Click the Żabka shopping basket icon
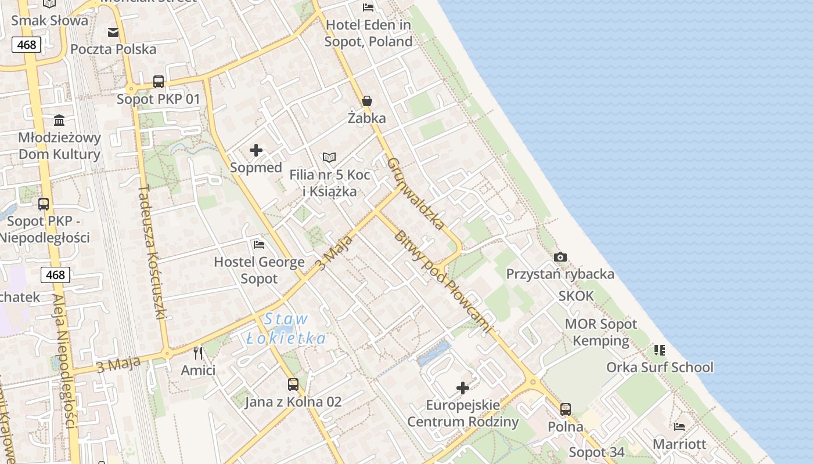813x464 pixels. (367, 101)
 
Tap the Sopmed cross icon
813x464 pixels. (256, 151)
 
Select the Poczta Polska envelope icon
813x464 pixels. (113, 32)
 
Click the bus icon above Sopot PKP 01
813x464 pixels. (159, 82)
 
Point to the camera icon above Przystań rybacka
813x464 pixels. (560, 257)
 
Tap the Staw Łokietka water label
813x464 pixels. (286, 328)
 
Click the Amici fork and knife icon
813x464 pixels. (198, 353)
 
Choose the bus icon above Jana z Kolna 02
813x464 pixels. (293, 384)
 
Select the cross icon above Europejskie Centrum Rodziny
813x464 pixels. (463, 387)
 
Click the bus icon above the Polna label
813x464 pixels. (566, 409)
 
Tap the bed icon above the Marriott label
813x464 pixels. (679, 427)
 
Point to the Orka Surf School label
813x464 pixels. (660, 367)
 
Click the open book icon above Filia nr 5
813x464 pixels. (329, 157)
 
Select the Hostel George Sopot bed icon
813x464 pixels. (259, 245)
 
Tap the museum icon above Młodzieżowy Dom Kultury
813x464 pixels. (59, 121)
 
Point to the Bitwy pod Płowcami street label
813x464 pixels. (443, 281)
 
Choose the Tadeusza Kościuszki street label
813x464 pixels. (153, 252)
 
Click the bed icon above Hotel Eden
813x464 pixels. (368, 7)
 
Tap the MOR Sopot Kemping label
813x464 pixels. (601, 332)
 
